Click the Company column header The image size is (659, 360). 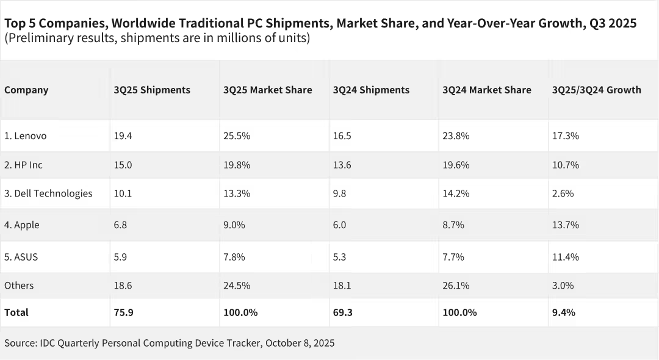click(x=26, y=90)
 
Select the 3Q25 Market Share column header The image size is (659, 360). click(x=268, y=90)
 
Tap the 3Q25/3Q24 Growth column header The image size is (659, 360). click(x=596, y=90)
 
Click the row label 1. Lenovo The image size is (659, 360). click(x=26, y=136)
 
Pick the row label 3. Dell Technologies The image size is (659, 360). click(x=48, y=193)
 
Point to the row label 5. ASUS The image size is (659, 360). click(x=21, y=257)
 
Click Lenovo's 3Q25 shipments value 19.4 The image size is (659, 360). click(x=123, y=136)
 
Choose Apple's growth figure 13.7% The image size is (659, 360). click(x=565, y=225)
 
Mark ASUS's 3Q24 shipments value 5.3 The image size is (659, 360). click(x=340, y=257)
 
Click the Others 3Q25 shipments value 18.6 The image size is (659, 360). click(x=123, y=286)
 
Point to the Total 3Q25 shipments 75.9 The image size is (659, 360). click(x=123, y=312)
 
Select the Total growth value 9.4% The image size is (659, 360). click(x=563, y=312)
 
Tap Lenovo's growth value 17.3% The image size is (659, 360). click(x=565, y=136)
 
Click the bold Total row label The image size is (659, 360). click(x=16, y=312)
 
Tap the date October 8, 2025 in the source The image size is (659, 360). click(x=300, y=344)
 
